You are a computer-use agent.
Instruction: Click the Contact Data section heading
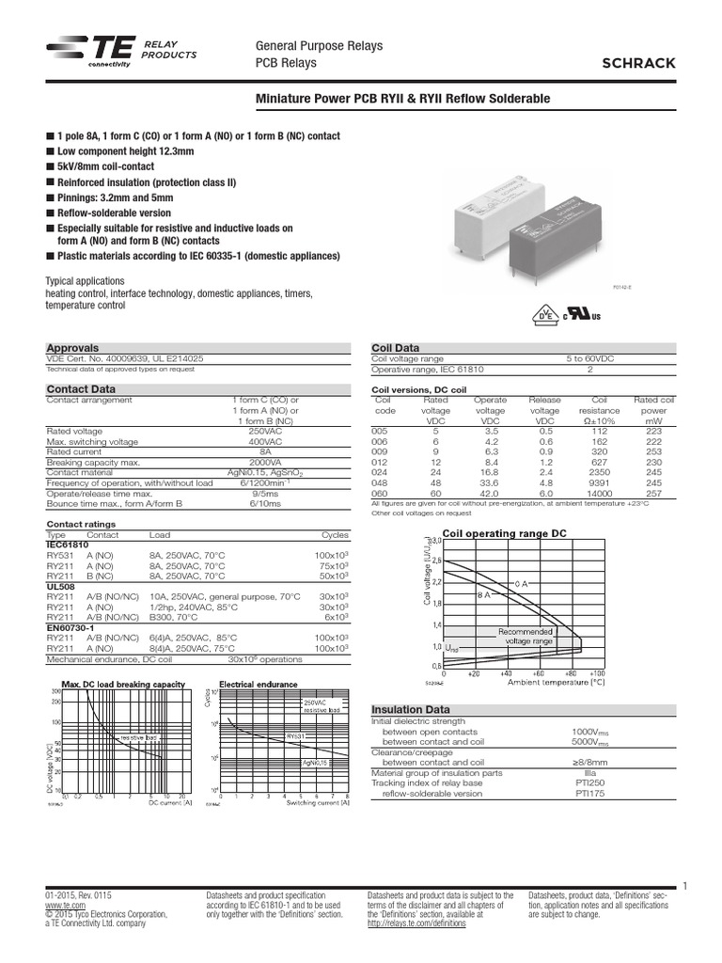pos(82,387)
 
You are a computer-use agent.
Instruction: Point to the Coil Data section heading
pos(396,347)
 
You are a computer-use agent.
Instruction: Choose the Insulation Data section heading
pos(412,709)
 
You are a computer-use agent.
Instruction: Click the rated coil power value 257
pos(653,493)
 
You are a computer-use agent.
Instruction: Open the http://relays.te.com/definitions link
pos(416,924)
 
